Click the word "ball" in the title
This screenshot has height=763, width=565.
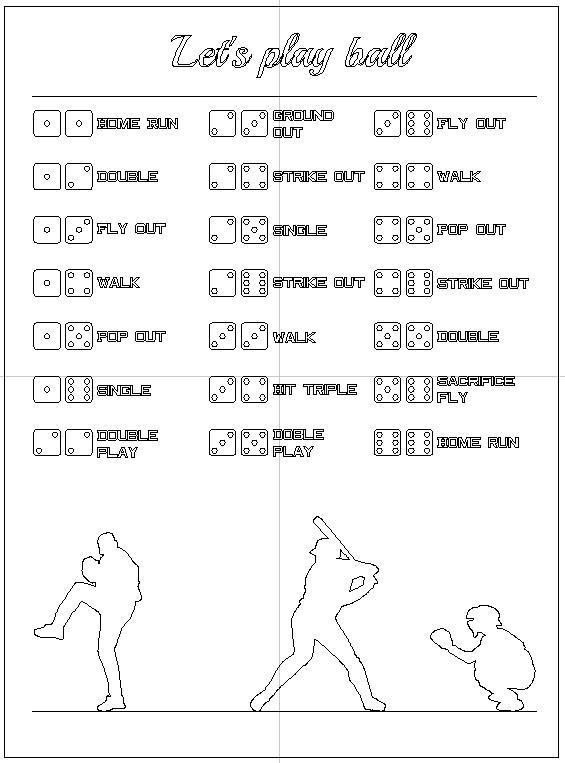(x=379, y=53)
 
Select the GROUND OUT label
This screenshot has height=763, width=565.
(x=303, y=123)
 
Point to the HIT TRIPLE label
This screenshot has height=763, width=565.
(x=314, y=389)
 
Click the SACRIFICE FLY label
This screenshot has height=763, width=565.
(x=475, y=389)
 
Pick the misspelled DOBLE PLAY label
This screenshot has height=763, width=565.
(x=298, y=443)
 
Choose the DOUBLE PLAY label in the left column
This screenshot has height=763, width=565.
(x=127, y=443)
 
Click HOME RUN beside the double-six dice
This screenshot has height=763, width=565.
(x=478, y=442)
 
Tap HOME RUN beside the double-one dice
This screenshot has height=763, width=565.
(x=137, y=124)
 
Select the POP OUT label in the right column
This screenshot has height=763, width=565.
(x=471, y=229)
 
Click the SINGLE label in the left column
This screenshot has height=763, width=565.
(x=123, y=390)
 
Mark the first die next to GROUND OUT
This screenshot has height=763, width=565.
(x=222, y=124)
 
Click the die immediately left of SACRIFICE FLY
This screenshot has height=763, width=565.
(x=419, y=389)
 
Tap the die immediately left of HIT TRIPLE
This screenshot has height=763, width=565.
(x=254, y=389)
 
